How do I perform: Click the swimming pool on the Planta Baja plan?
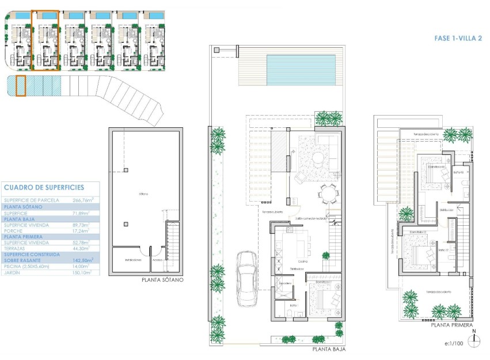click(301, 70)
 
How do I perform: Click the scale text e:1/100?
click(454, 343)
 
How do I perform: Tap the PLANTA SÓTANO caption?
click(162, 280)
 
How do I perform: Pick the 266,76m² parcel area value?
click(83, 200)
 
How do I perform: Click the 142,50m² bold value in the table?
click(83, 260)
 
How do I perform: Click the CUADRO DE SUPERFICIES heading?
click(44, 187)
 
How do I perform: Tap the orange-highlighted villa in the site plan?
click(45, 40)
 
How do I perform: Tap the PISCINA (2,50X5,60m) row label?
click(26, 267)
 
